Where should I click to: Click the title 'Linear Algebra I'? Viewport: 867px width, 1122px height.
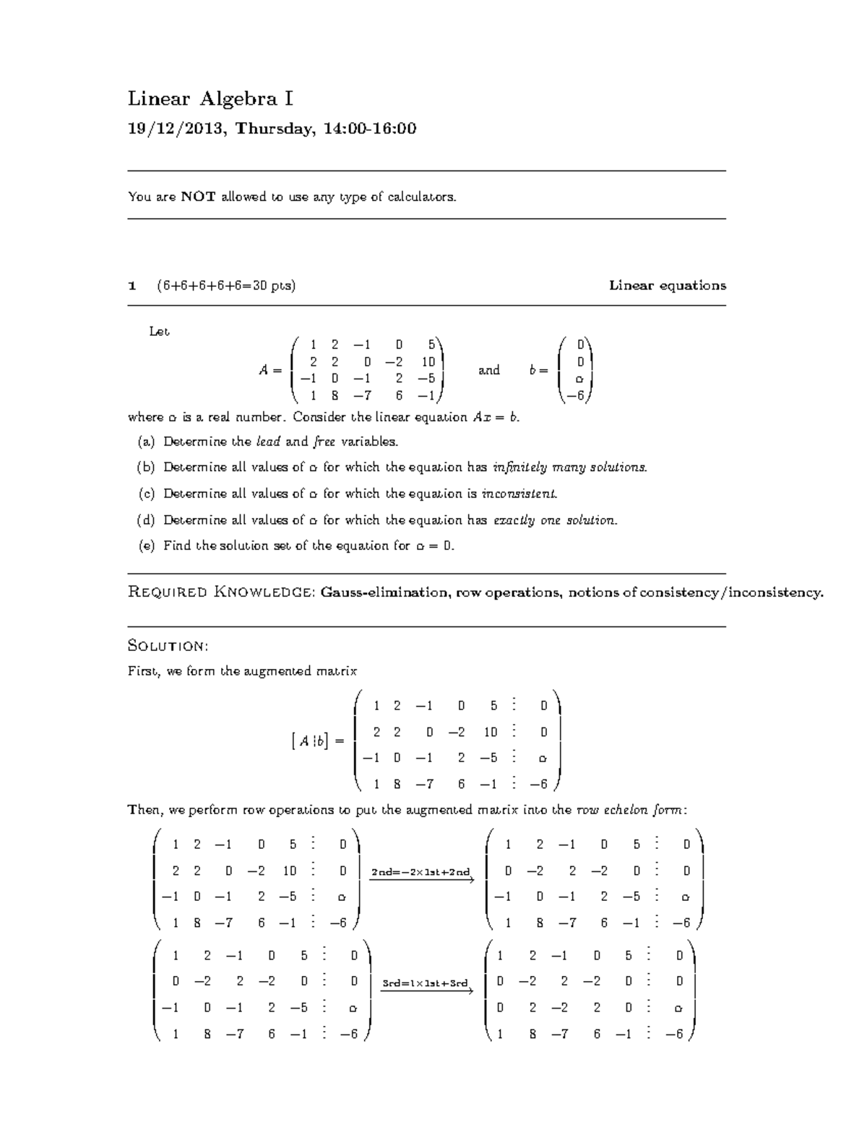(x=210, y=98)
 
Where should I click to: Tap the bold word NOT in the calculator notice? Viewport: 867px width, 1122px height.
(x=198, y=197)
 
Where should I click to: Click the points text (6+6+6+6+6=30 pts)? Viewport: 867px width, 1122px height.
(x=225, y=285)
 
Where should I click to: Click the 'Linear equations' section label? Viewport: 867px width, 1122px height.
(x=667, y=285)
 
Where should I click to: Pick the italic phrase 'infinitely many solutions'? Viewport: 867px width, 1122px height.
(x=569, y=467)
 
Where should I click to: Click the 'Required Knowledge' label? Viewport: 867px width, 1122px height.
(x=220, y=593)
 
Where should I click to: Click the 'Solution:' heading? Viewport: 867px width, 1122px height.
(x=168, y=645)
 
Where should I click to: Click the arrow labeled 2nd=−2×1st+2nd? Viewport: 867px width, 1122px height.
(x=420, y=876)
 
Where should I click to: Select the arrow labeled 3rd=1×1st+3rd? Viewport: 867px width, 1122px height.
(x=426, y=987)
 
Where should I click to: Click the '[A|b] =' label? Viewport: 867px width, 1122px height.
(x=316, y=741)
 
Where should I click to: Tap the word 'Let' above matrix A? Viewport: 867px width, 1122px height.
(x=159, y=332)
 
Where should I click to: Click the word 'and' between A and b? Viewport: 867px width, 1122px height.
(x=489, y=370)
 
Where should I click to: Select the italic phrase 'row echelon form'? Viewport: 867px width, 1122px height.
(x=629, y=811)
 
